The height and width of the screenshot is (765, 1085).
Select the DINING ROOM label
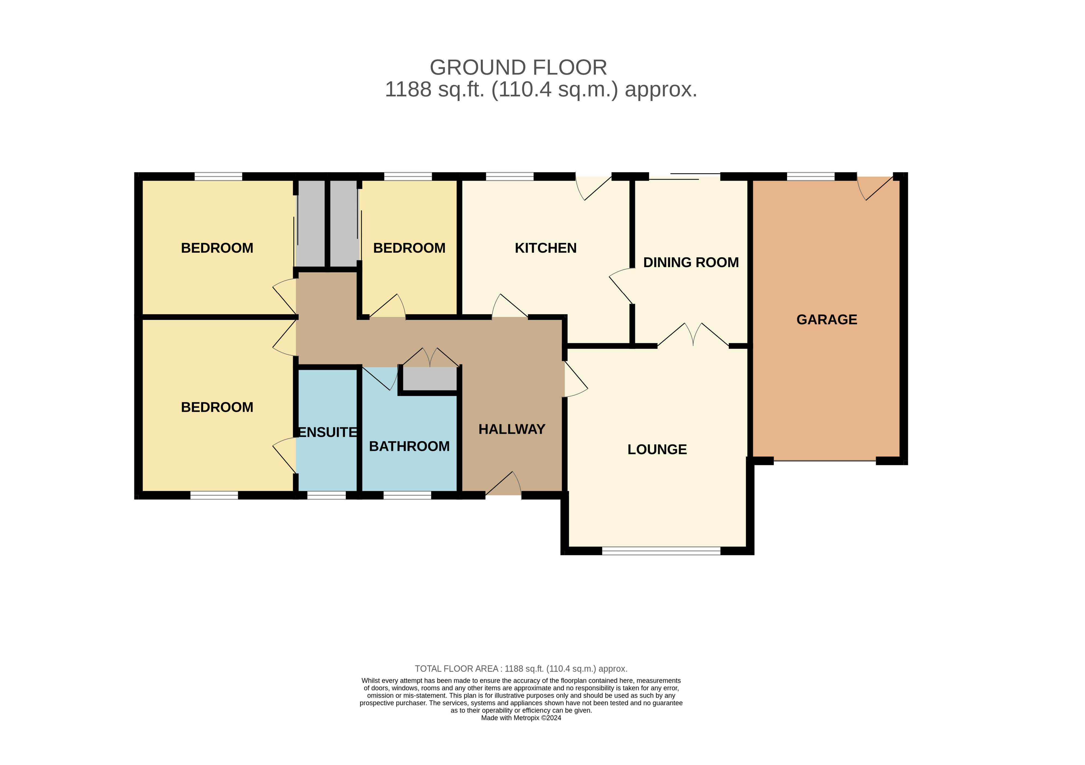691,262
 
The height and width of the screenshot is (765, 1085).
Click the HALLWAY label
512,429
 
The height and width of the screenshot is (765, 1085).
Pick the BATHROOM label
409,446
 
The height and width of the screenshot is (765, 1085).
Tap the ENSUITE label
328,432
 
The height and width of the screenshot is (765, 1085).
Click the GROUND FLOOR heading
518,68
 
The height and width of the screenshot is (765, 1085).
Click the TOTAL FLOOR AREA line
521,669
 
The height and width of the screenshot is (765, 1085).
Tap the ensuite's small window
326,495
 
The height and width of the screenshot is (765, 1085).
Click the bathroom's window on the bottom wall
407,495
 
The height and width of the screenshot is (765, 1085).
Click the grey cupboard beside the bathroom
430,379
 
